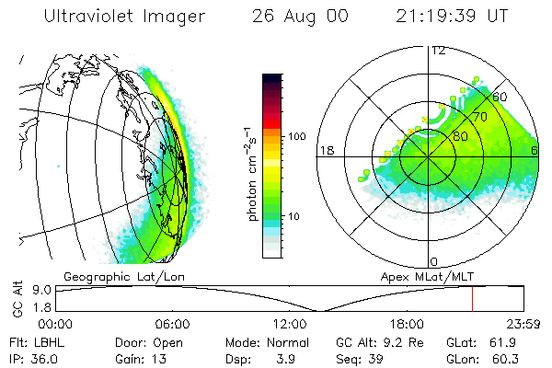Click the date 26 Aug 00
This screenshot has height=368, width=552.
[296, 17]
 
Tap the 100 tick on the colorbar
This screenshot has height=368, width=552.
[297, 136]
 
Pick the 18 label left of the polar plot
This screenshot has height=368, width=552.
[326, 150]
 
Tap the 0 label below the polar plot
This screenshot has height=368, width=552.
[434, 261]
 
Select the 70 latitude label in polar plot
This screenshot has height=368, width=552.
[479, 119]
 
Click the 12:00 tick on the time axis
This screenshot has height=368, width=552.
[290, 324]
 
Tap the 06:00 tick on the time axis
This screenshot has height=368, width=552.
[172, 324]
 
